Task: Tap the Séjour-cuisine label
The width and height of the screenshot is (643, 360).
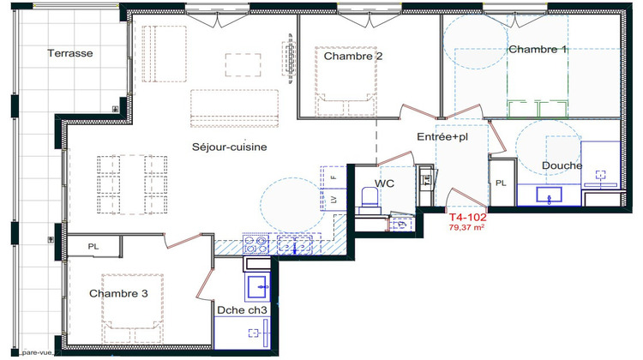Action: coord(229,147)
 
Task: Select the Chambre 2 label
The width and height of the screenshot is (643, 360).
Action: coord(353,57)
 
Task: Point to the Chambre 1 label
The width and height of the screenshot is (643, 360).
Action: coord(538,50)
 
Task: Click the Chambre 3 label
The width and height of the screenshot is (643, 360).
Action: coord(118,293)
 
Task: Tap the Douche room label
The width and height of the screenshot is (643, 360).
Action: coord(562,165)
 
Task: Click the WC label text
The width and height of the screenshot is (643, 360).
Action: coord(385,183)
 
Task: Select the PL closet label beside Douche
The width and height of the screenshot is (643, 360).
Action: coord(501,183)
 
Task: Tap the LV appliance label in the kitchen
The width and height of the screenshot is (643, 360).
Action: coord(334,200)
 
